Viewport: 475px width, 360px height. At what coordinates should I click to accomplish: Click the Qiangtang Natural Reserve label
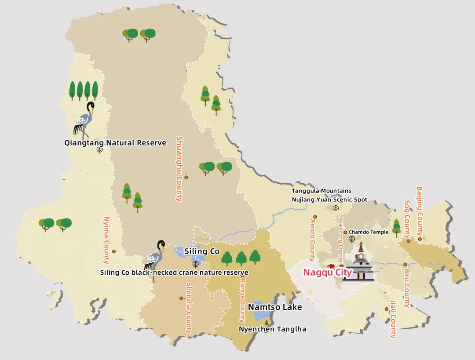(x=115, y=143)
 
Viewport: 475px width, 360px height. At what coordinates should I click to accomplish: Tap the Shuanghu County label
(x=179, y=169)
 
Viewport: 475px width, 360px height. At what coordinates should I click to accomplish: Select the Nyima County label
(x=106, y=240)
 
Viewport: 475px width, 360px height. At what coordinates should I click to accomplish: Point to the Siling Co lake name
(x=202, y=251)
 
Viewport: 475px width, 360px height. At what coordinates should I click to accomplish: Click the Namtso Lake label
(x=275, y=307)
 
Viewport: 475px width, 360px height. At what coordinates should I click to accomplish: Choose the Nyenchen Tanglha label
(x=272, y=329)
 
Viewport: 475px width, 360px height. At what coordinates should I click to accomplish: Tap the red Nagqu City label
(x=328, y=273)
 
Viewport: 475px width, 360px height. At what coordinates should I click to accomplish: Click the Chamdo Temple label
(x=369, y=232)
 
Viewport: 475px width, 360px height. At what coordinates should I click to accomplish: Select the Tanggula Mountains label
(x=322, y=191)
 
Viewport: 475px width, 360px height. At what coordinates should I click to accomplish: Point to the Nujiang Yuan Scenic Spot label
(x=329, y=200)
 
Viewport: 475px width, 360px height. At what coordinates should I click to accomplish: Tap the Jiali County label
(x=393, y=319)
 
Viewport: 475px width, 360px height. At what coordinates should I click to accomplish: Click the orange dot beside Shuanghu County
(x=186, y=177)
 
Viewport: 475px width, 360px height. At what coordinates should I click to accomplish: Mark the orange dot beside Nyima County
(x=114, y=251)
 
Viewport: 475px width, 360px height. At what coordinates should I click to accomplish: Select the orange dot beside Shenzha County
(x=181, y=298)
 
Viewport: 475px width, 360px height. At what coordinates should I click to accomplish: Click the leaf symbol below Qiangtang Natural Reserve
(x=100, y=150)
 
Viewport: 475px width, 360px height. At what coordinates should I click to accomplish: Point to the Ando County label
(x=313, y=240)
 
